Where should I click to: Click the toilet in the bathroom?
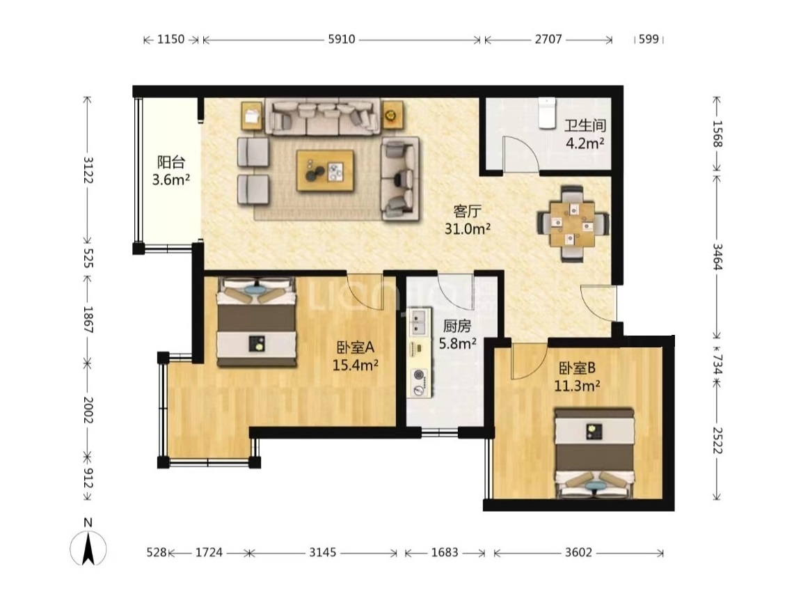tap(546, 113)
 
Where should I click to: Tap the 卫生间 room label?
tap(585, 125)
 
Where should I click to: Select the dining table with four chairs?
tap(573, 224)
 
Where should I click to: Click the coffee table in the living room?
tap(325, 171)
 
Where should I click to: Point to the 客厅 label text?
tap(468, 211)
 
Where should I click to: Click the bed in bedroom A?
tap(257, 322)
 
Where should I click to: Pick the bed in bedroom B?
tap(594, 453)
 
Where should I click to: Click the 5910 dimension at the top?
tap(342, 39)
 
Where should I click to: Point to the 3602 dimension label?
tap(578, 553)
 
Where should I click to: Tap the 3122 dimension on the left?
tap(88, 170)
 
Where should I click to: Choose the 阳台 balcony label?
tap(171, 162)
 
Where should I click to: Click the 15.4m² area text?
tap(356, 366)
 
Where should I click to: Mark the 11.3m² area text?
tap(577, 386)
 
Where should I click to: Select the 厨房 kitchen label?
tap(457, 326)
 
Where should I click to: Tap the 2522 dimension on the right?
tap(716, 441)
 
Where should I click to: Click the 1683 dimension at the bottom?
tap(445, 553)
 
